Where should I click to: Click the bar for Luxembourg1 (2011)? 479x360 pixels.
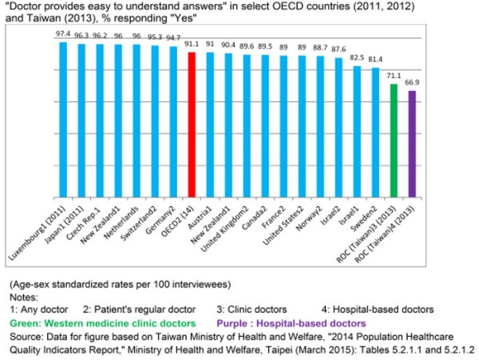63,120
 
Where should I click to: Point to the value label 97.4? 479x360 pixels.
63,34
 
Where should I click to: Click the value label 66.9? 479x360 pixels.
413,82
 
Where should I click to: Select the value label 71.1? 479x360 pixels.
394,76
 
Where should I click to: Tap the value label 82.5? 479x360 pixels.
357,57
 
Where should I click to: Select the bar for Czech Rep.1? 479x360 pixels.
100,120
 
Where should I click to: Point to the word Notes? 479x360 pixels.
25,296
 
